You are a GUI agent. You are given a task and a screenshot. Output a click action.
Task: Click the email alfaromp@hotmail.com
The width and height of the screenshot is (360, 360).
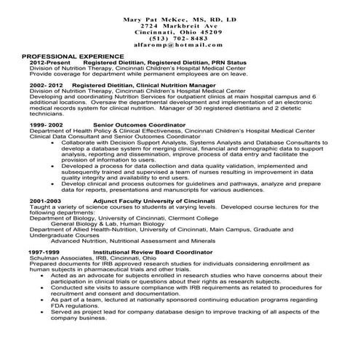pyautogui.click(x=180, y=45)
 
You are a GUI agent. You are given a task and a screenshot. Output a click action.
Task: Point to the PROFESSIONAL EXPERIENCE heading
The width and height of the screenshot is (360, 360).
pyautogui.click(x=72, y=56)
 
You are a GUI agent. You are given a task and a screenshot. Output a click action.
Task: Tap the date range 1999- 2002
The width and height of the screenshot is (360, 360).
pyautogui.click(x=47, y=125)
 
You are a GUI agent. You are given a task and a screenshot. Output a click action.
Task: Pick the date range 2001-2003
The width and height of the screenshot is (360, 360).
pyautogui.click(x=46, y=199)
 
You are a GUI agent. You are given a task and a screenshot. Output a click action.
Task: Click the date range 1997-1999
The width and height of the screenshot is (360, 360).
pyautogui.click(x=44, y=251)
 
